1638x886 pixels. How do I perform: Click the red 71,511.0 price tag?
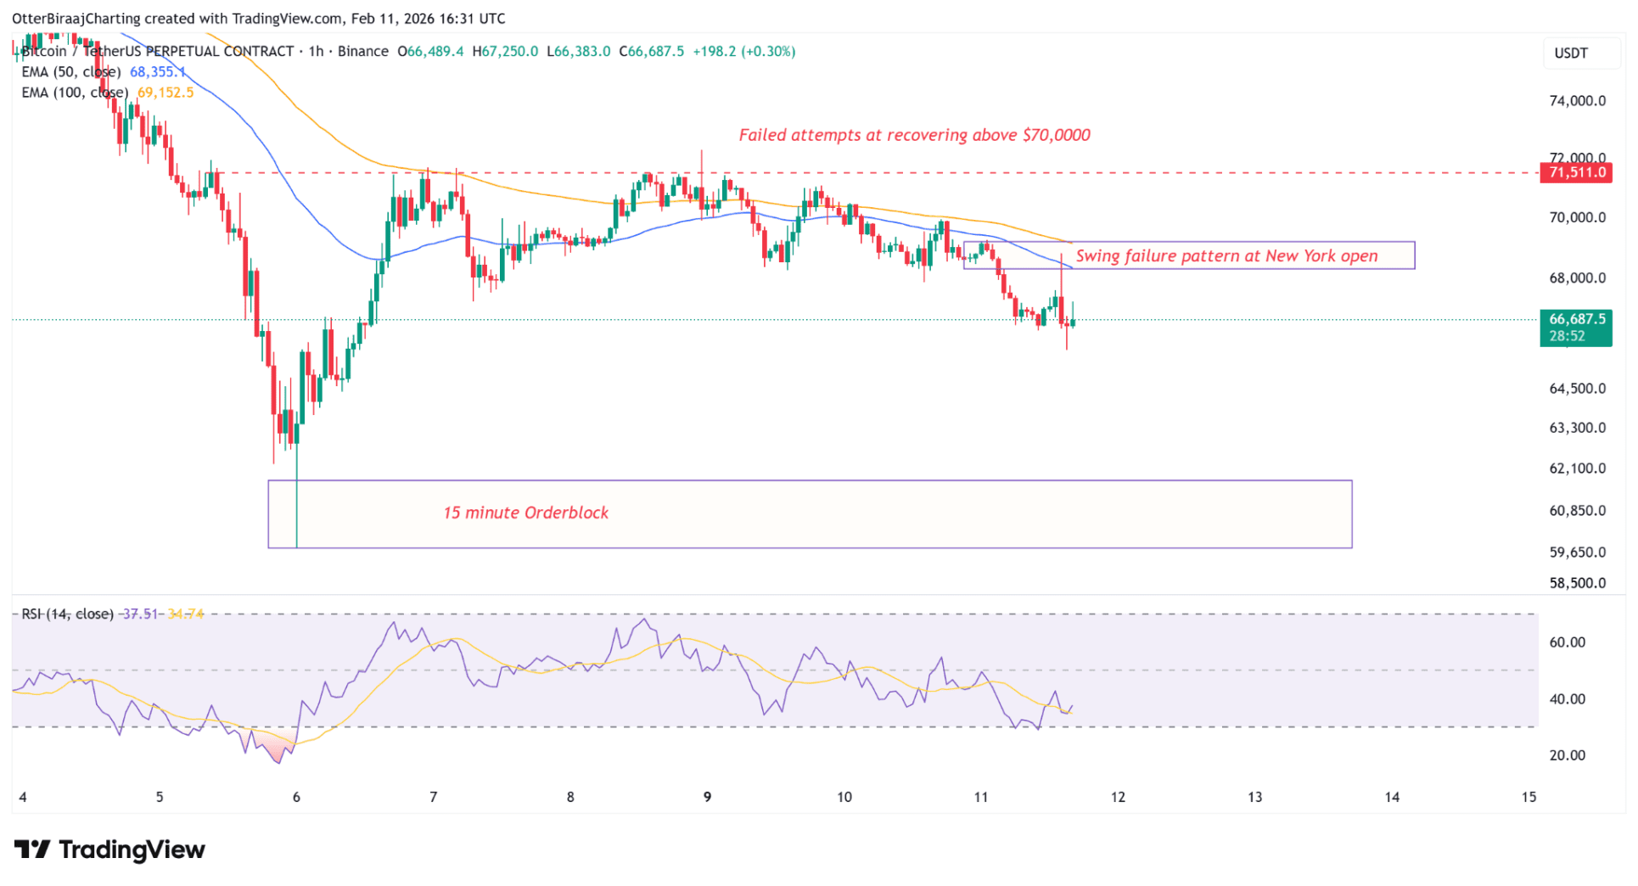(x=1576, y=172)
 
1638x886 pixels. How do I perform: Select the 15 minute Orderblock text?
(x=525, y=513)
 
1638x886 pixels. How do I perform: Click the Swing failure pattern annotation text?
(x=1226, y=255)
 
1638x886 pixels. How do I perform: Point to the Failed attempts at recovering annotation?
(x=914, y=135)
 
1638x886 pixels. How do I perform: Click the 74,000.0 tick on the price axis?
(x=1577, y=101)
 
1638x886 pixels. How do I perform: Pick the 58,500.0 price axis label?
(x=1577, y=583)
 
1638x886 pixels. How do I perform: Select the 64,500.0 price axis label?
(x=1577, y=389)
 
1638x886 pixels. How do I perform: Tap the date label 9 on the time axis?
(x=707, y=797)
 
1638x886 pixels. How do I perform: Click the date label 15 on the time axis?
(x=1529, y=797)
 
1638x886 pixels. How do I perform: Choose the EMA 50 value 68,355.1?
(x=157, y=72)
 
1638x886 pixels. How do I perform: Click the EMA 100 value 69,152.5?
(x=165, y=93)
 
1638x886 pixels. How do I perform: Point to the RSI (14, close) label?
(x=68, y=614)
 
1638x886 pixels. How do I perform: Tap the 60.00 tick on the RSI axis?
(x=1567, y=642)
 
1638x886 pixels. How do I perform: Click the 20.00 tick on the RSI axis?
(x=1567, y=755)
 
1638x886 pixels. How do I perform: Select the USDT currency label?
(x=1570, y=53)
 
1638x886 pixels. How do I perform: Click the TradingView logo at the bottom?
(x=110, y=850)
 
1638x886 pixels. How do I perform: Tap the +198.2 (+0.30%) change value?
(x=744, y=52)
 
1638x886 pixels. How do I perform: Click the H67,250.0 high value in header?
(x=505, y=52)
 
